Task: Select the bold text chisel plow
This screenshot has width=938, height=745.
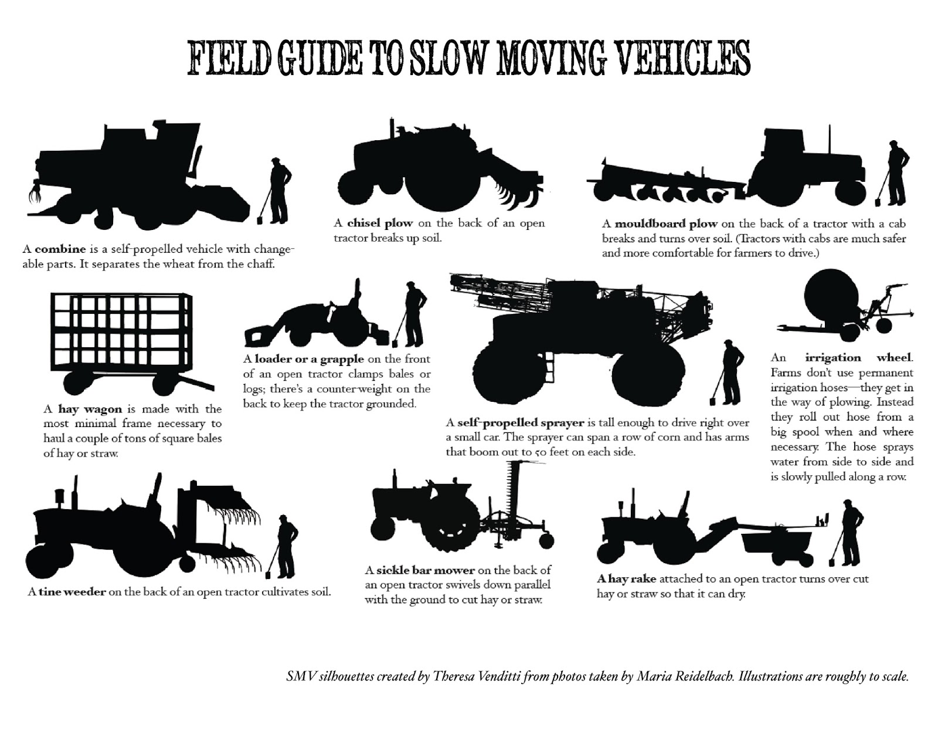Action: (380, 223)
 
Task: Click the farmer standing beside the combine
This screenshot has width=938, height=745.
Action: (279, 188)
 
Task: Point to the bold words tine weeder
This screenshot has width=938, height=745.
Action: (72, 591)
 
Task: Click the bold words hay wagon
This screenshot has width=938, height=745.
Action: (90, 409)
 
